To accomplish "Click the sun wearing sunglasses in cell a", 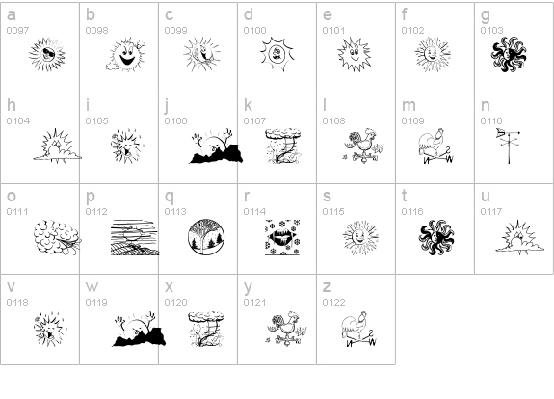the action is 47,54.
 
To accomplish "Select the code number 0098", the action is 96,31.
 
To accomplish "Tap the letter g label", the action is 486,15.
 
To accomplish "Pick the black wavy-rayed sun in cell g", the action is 509,54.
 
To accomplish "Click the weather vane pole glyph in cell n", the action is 509,146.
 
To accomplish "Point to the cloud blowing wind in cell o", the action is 58,237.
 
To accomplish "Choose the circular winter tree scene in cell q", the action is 207,237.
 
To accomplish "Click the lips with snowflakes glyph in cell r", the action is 282,237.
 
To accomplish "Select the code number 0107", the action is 254,120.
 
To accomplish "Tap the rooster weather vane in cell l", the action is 363,146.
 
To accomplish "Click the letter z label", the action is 327,287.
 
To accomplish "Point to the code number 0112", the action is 96,212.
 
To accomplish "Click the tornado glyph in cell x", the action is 206,329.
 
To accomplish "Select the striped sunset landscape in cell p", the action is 135,237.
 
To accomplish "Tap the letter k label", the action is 248,105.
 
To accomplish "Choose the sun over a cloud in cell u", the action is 519,237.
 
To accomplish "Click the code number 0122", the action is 334,303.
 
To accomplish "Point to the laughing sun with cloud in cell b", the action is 125,54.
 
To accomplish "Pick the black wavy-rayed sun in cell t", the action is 436,237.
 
